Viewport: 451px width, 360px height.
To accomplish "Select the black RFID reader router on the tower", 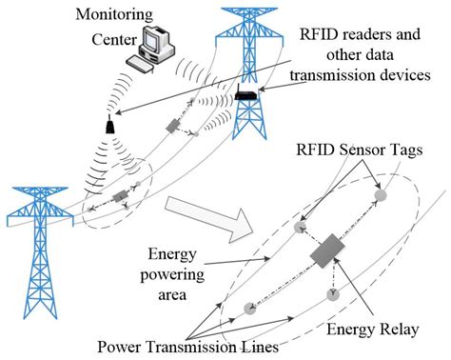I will point(249,94).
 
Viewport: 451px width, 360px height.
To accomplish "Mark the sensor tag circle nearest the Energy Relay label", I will point(332,298).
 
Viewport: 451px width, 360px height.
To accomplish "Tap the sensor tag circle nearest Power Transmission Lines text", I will point(248,308).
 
